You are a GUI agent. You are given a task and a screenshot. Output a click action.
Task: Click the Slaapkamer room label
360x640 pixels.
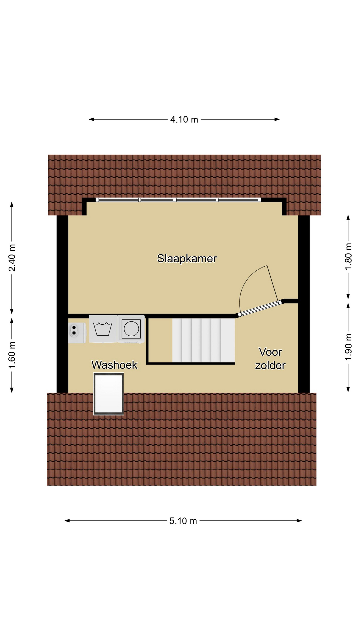pos(187,259)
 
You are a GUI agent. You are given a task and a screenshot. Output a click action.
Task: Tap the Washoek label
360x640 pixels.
pos(114,365)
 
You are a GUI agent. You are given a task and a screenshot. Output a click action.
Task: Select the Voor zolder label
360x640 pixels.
pos(270,359)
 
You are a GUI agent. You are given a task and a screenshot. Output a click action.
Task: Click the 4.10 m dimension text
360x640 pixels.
pos(184,119)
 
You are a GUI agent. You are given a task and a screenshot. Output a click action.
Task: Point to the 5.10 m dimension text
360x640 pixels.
pos(183,521)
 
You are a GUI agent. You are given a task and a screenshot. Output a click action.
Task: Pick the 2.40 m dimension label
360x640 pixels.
pos(12,258)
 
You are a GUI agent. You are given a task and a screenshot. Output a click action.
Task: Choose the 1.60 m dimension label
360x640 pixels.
pos(12,355)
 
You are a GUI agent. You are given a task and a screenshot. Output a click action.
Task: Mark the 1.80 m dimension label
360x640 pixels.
pos(348,257)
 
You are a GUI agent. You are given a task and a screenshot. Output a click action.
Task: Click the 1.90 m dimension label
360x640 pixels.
pos(348,347)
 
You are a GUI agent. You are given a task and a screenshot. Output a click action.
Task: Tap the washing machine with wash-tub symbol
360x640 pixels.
pos(103,329)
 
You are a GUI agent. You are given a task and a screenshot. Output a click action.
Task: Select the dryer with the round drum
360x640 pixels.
pos(131,329)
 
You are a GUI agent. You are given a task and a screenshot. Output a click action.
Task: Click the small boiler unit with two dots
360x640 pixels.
pos(77,333)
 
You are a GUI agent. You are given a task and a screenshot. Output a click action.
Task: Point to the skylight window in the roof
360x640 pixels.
pos(108,394)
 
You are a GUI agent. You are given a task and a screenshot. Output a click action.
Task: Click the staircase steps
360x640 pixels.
pos(203,340)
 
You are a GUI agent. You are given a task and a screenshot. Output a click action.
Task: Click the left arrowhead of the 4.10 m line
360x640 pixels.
pos(91,119)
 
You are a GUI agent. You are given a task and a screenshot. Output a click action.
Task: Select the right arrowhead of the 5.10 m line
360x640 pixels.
pos(299,521)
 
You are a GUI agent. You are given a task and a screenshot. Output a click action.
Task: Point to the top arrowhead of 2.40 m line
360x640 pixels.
pos(12,204)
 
